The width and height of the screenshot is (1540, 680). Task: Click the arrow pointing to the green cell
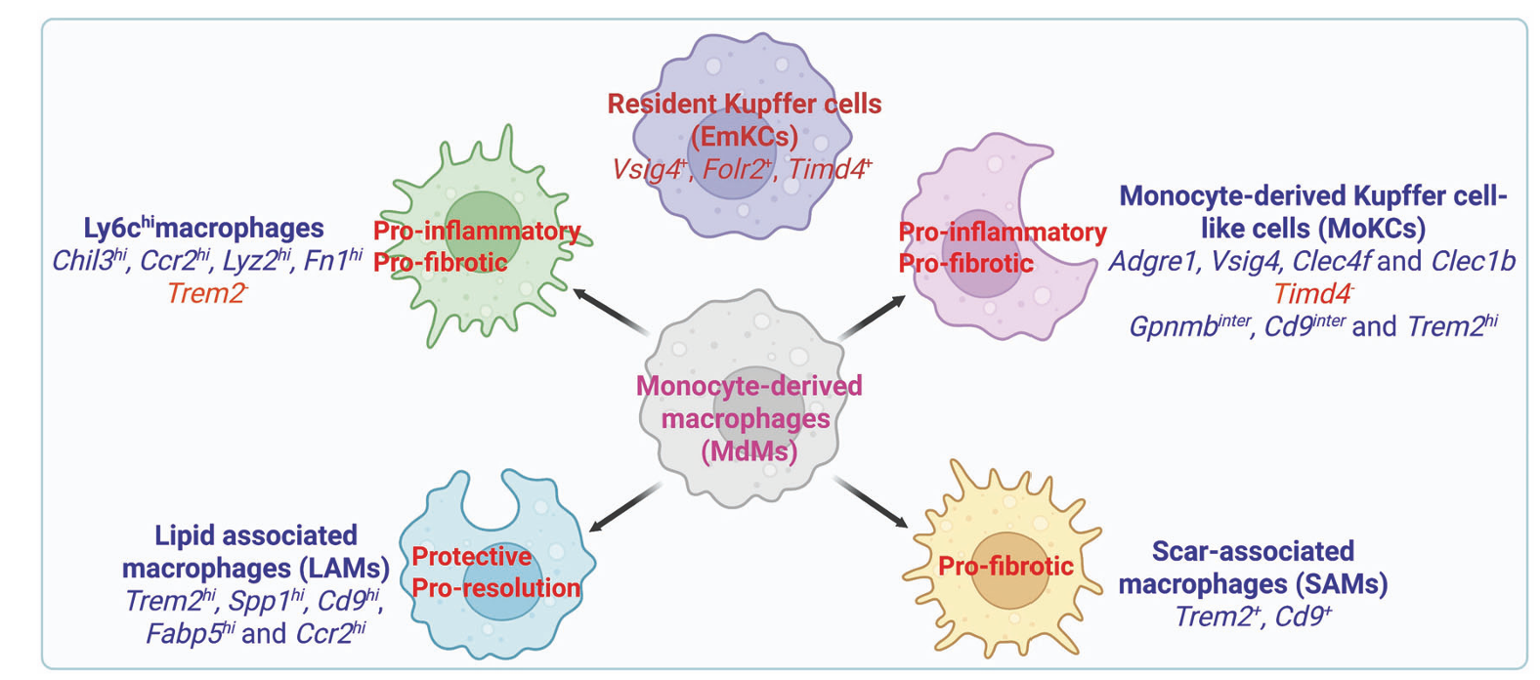[x=611, y=311]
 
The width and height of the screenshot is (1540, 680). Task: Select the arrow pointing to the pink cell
[x=872, y=319]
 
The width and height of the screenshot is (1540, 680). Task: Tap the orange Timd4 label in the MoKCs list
[x=1312, y=293]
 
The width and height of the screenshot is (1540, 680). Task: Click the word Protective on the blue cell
[x=472, y=557]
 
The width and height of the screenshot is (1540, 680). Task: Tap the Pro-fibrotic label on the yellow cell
[x=1005, y=566]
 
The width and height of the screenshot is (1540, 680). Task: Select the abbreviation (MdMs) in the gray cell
[x=749, y=451]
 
